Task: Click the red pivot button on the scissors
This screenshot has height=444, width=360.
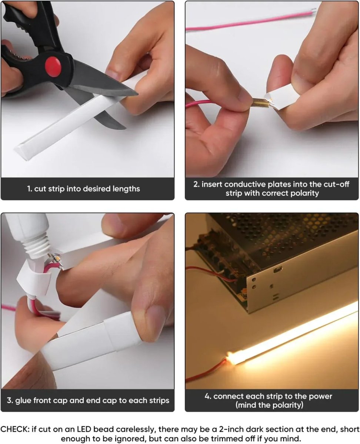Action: click(53, 67)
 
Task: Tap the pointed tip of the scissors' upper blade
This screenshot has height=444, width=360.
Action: click(138, 95)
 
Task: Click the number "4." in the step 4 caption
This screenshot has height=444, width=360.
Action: click(208, 396)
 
